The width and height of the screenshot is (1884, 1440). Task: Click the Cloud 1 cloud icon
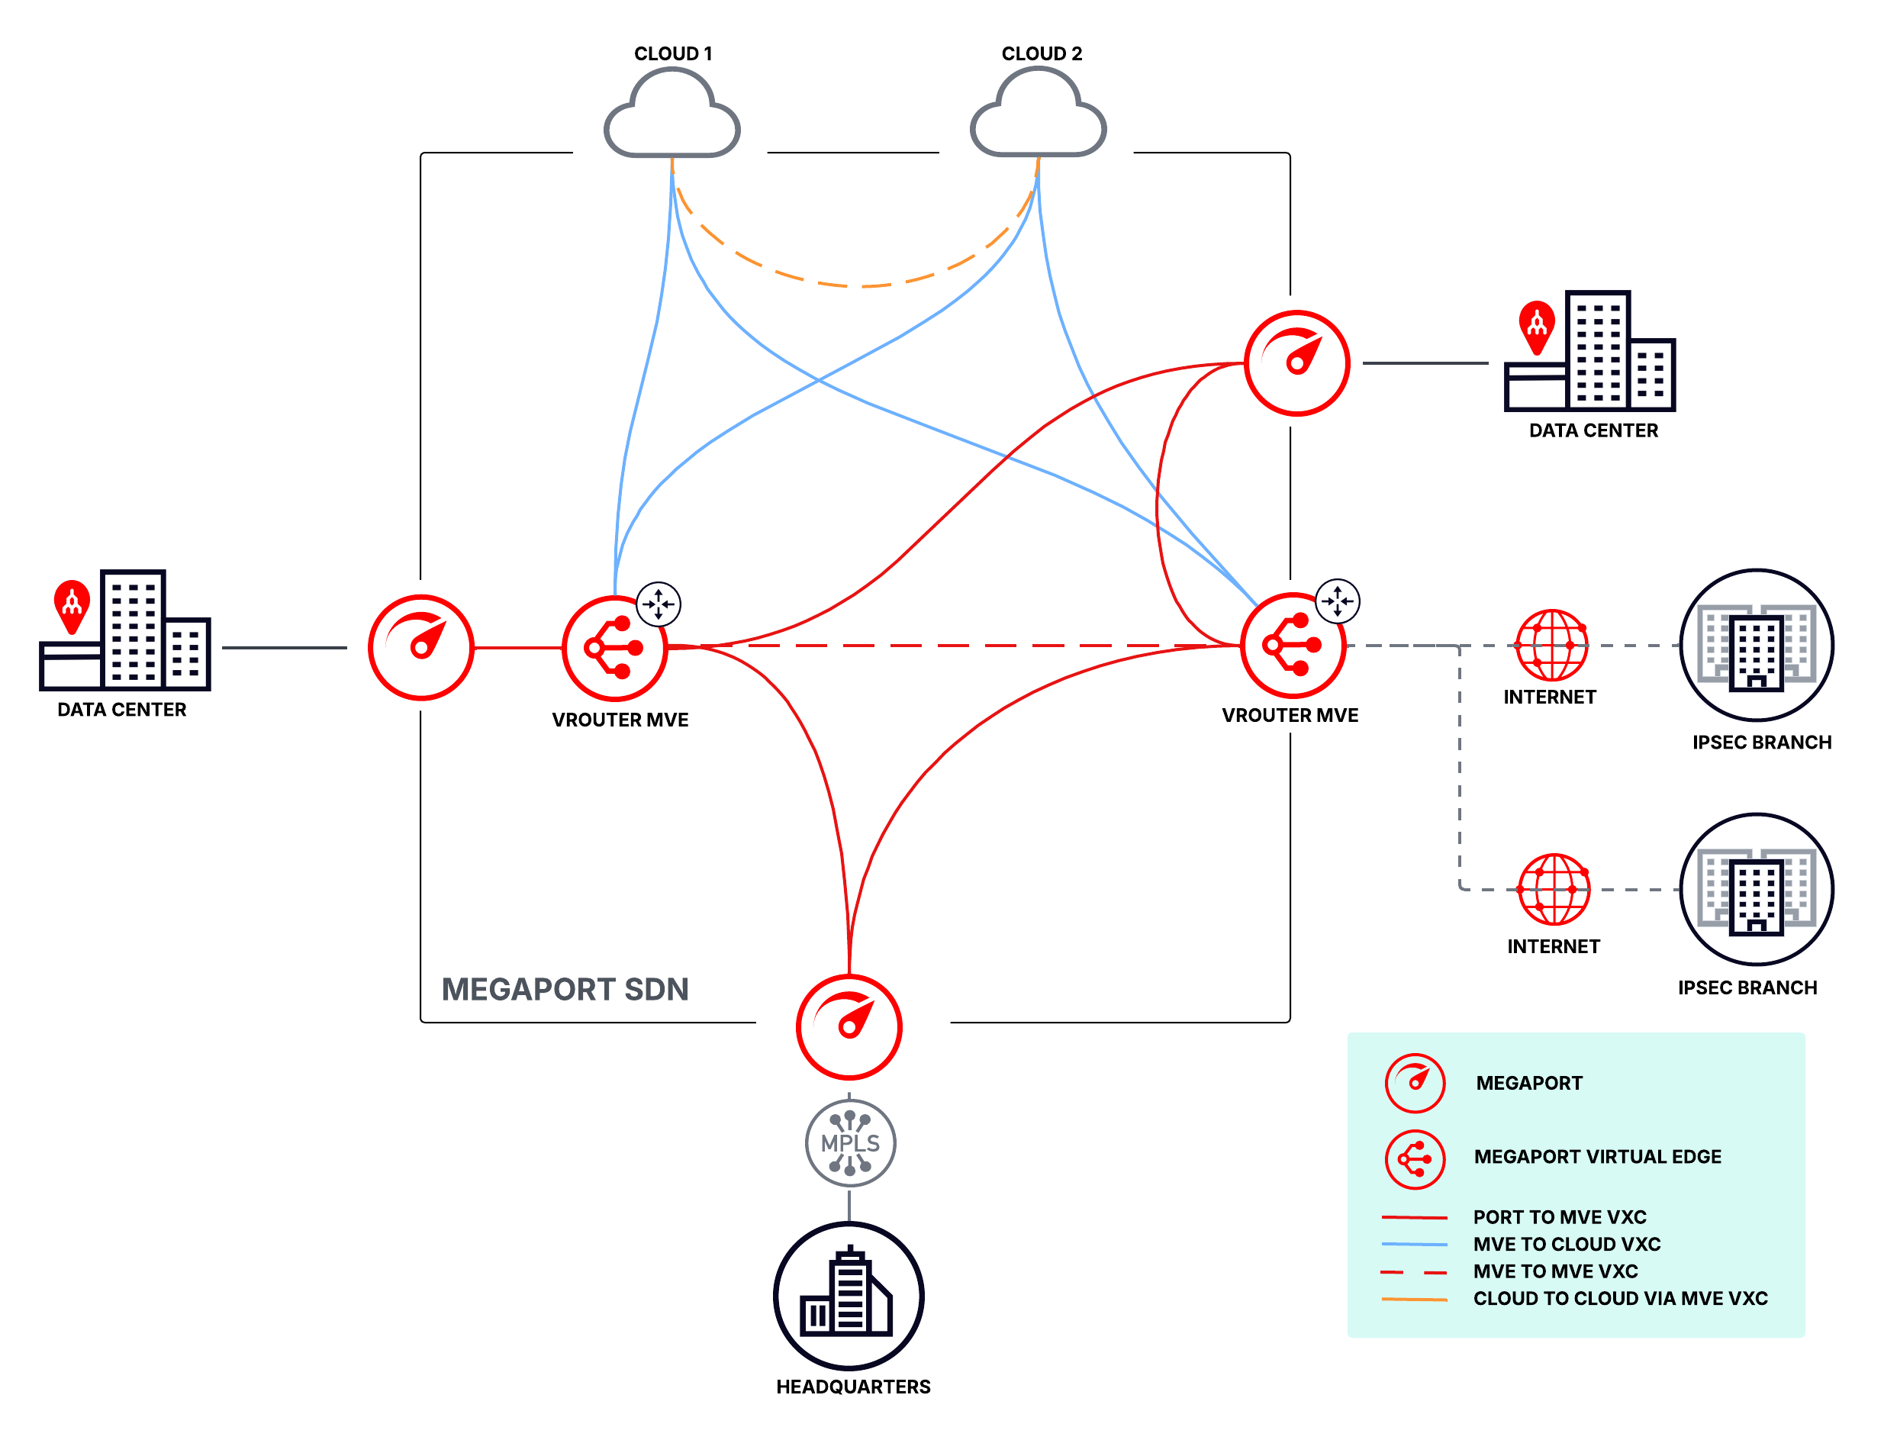point(671,116)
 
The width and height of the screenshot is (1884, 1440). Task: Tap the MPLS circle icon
point(849,1142)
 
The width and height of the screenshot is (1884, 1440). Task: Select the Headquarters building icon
point(849,1295)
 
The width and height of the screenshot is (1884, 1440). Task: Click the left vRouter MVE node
point(614,648)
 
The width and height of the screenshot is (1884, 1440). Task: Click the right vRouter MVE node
point(1293,645)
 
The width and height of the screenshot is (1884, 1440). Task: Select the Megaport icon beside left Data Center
point(421,647)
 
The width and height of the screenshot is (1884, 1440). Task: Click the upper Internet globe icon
point(1551,645)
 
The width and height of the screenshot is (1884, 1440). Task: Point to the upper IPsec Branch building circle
point(1756,645)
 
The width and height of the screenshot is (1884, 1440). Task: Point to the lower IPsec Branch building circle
point(1756,889)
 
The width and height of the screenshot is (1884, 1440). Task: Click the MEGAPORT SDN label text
point(564,988)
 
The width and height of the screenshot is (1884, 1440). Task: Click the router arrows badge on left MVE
point(659,604)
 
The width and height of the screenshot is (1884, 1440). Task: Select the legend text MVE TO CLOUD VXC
point(1565,1243)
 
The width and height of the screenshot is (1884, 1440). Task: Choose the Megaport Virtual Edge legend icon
point(1414,1159)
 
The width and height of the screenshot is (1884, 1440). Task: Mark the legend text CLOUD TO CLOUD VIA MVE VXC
point(1619,1298)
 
